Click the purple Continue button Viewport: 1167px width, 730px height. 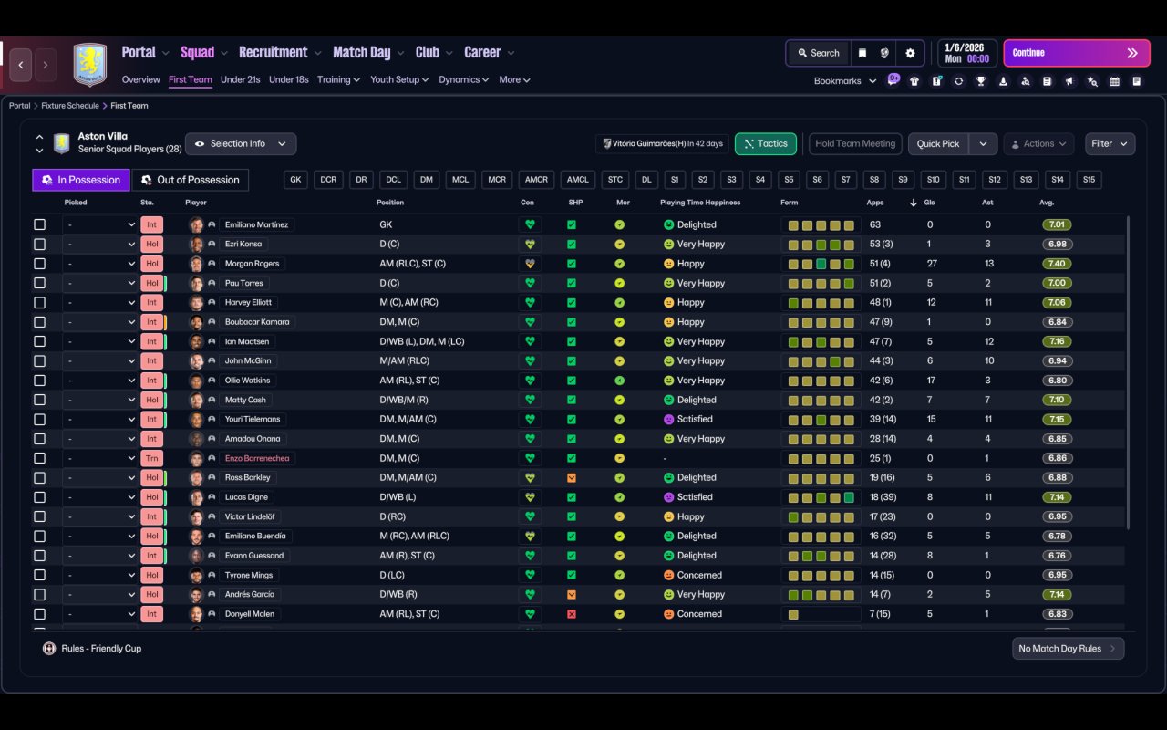[1077, 53]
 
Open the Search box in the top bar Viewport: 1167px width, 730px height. [819, 53]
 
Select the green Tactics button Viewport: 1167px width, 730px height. [765, 143]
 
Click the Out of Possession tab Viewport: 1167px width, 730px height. [191, 180]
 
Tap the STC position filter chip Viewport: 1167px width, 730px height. [614, 180]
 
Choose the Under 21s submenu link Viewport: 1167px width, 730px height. [240, 79]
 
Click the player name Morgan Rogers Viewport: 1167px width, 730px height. [253, 264]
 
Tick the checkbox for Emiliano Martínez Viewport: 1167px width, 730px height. [39, 224]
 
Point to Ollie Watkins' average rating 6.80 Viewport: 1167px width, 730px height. [1057, 381]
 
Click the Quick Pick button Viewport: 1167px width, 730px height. [938, 143]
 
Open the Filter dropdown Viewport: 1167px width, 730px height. [1110, 143]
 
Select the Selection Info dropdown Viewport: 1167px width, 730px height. [241, 143]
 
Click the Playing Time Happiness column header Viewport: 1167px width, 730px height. [699, 203]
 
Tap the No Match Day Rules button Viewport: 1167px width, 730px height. [1068, 648]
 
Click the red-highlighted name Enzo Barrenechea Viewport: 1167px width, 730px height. [257, 458]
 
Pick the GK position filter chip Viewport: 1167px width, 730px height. [295, 180]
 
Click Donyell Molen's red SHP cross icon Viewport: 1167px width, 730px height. [572, 614]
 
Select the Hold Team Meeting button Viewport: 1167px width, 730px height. [855, 143]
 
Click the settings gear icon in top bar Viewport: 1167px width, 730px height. [910, 53]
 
